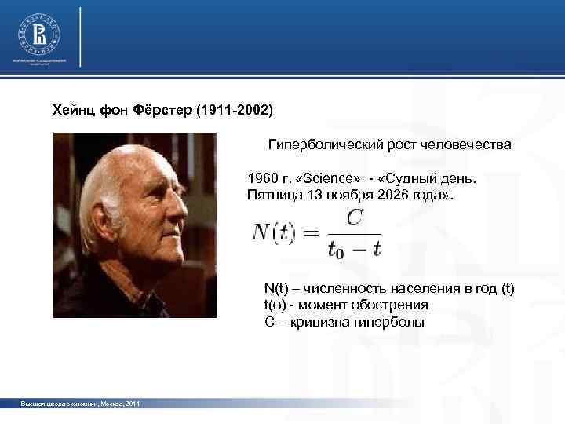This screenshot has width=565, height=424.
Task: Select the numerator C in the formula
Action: [x=355, y=218]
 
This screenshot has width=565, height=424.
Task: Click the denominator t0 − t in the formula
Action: [x=355, y=250]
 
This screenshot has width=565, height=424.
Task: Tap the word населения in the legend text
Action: [x=417, y=290]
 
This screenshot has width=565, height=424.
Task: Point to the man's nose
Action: [x=181, y=211]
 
